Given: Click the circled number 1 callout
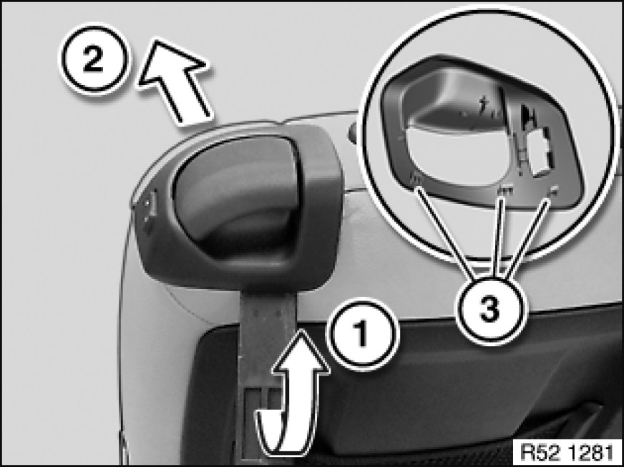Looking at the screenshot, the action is pos(361,334).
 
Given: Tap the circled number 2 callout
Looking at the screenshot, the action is pos(94,59).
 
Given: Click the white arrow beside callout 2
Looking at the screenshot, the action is pos(175,79).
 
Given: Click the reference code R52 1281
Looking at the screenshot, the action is pos(567,452).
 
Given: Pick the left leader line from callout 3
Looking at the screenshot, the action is pos(446,232).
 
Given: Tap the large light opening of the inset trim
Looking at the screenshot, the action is pos(458,157).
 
